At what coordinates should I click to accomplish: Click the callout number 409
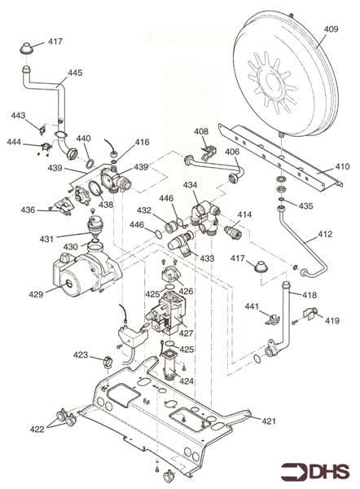point(331,29)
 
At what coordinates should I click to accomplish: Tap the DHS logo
point(315,472)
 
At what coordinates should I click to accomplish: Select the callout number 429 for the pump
point(36,294)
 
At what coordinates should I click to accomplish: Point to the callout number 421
point(269,421)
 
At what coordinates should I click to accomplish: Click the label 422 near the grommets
point(37,430)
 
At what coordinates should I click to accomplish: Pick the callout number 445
point(75,73)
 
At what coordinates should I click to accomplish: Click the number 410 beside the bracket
point(342,166)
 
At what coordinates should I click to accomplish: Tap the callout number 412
point(325,234)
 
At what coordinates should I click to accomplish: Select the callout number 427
point(186,333)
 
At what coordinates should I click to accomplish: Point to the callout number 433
point(207,258)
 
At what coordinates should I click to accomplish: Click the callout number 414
point(244,214)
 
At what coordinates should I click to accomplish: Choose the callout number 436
point(28,210)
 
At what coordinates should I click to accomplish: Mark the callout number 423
point(81,355)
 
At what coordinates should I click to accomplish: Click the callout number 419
point(332,320)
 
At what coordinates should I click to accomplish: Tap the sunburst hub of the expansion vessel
point(272,82)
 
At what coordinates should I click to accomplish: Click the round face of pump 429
point(68,284)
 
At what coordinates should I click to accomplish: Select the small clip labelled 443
point(42,130)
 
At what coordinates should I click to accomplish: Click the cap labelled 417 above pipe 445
point(27,50)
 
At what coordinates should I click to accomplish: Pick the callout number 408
point(201,131)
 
